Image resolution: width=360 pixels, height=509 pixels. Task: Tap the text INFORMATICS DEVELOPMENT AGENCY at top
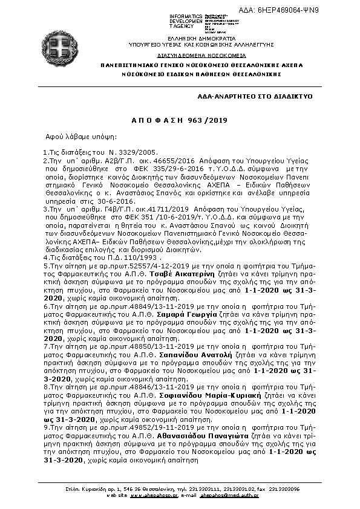[x=185, y=21]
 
